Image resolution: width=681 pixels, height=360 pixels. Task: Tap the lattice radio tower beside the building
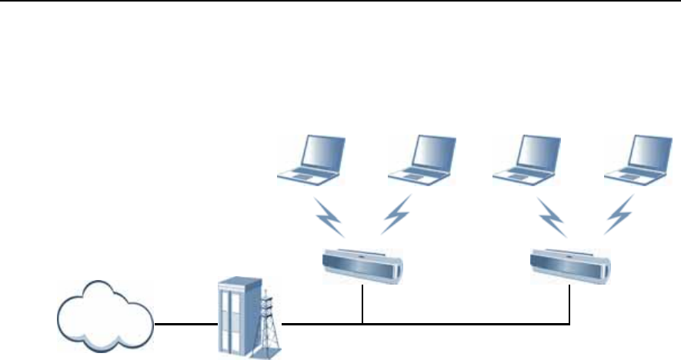tap(268, 326)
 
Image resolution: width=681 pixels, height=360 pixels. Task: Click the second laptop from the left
tap(420, 162)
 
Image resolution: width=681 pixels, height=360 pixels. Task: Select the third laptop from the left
tap(526, 162)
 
